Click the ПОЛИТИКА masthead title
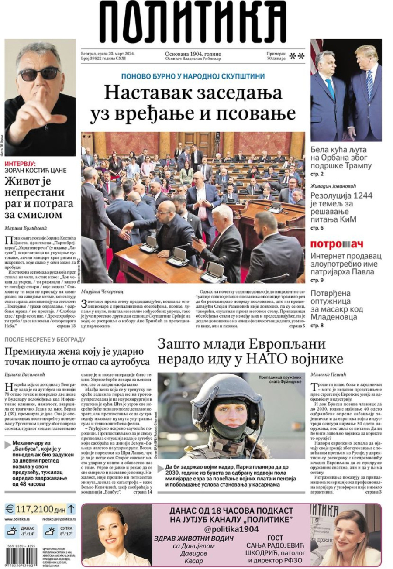pos(196,22)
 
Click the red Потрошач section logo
pos(337,244)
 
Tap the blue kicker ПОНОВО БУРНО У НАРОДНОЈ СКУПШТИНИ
pos(193,76)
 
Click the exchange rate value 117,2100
pos(34,509)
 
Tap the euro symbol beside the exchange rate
pos(10,509)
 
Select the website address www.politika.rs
pos(17,519)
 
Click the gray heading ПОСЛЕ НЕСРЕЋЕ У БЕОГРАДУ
pos(45,339)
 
